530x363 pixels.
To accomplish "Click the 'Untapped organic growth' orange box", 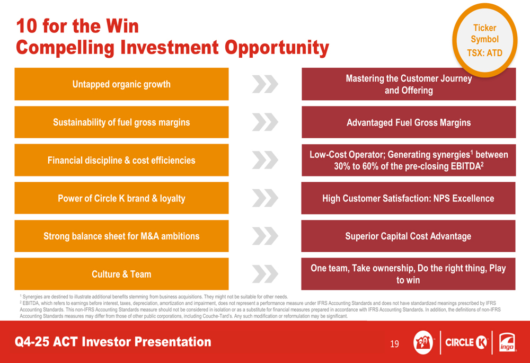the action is coord(121,84).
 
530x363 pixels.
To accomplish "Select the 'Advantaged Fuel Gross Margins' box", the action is coord(409,122).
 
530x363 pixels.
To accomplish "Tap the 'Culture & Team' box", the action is coord(121,274).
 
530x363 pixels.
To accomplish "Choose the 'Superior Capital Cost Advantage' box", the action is coord(408,236).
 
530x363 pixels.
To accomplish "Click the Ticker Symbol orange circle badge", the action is coord(485,40).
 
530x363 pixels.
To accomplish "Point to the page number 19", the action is coord(394,344).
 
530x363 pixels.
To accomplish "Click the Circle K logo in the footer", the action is coord(466,343).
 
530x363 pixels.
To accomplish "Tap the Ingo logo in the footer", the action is coord(507,343).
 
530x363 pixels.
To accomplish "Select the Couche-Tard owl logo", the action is coord(423,343).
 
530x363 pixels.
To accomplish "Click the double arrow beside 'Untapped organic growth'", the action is coord(265,84).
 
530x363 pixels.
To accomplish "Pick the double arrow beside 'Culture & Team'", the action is coord(265,274).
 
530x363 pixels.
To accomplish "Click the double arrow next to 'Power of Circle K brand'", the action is coord(265,198).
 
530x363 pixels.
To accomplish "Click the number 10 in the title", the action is coord(26,26).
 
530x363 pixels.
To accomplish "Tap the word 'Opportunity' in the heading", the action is coord(277,48).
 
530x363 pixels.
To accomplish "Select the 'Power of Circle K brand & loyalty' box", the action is coord(121,198).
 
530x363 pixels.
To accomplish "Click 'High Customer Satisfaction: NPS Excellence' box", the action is coord(408,198).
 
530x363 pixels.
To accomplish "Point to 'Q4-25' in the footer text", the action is coord(31,342).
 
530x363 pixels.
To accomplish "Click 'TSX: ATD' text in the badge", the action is coord(485,53).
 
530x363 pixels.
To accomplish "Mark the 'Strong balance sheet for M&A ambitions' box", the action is coord(121,236).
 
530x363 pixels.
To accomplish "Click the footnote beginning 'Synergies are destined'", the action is coord(154,297).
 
